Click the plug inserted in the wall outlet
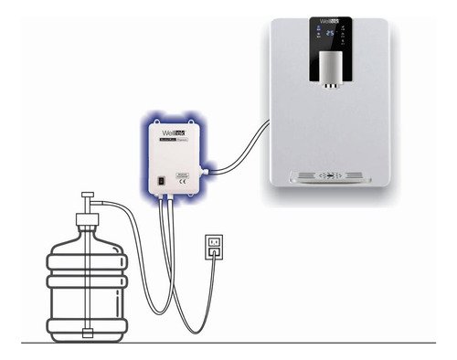(x=213, y=249)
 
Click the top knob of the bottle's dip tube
(x=89, y=196)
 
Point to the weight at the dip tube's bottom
(x=89, y=331)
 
